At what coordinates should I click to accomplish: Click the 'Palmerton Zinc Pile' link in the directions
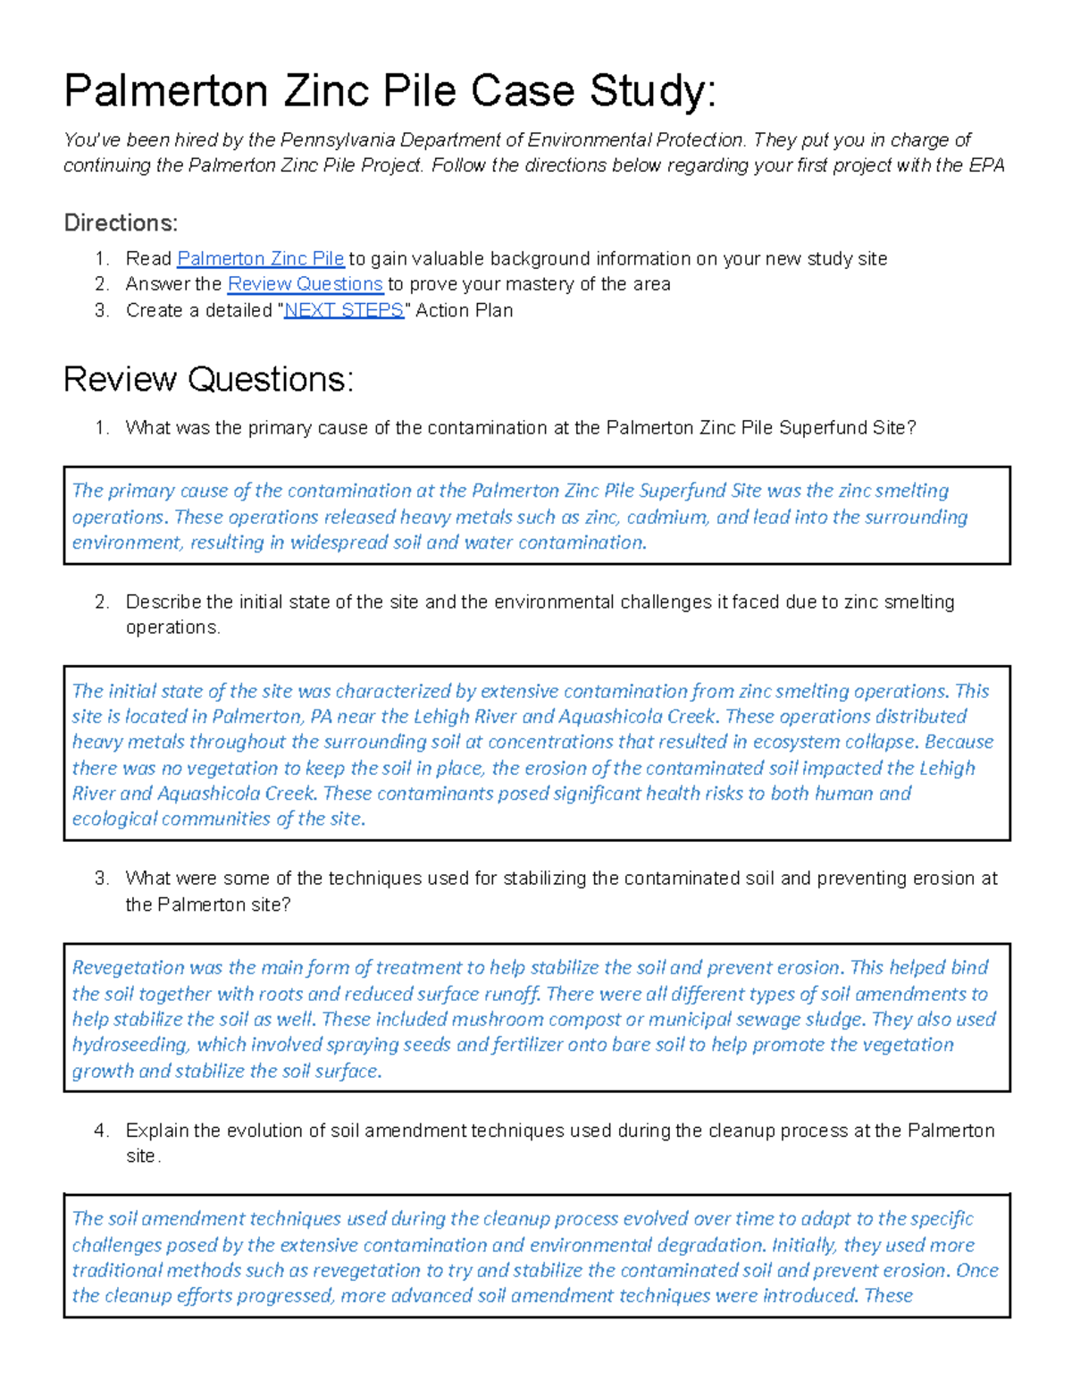tap(260, 259)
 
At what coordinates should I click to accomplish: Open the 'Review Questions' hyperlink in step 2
tap(305, 284)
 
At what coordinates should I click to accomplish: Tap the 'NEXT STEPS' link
tap(343, 310)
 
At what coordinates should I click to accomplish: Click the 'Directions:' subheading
tap(121, 223)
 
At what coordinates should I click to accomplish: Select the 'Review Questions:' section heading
tap(208, 380)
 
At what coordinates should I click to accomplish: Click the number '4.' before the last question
tap(101, 1131)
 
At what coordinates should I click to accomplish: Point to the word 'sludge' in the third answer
tap(836, 1020)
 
